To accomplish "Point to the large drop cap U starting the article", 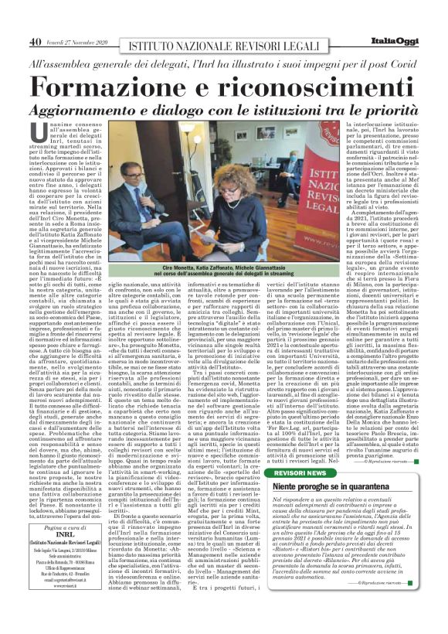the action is (61, 133).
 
